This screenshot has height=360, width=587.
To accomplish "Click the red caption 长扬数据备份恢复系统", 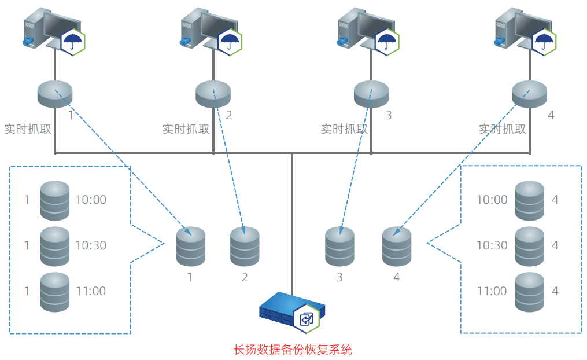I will click(x=293, y=350).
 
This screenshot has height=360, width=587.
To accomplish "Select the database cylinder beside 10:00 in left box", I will click(x=55, y=200).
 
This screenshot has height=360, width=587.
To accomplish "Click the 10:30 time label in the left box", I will click(x=91, y=245).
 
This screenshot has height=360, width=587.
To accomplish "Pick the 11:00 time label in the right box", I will click(x=492, y=291).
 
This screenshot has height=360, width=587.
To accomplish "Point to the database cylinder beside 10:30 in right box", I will click(x=529, y=246).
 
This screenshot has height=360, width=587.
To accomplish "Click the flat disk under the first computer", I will click(x=55, y=94).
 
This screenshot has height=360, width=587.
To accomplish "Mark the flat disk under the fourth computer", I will click(x=529, y=94).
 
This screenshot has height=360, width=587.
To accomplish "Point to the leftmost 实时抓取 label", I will click(x=28, y=129).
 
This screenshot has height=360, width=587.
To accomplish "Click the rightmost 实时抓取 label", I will click(x=502, y=129).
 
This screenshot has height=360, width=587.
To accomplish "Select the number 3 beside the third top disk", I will click(x=388, y=115).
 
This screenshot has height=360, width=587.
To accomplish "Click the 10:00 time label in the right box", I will click(x=492, y=200).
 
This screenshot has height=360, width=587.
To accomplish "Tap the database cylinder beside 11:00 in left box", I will click(x=55, y=292).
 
